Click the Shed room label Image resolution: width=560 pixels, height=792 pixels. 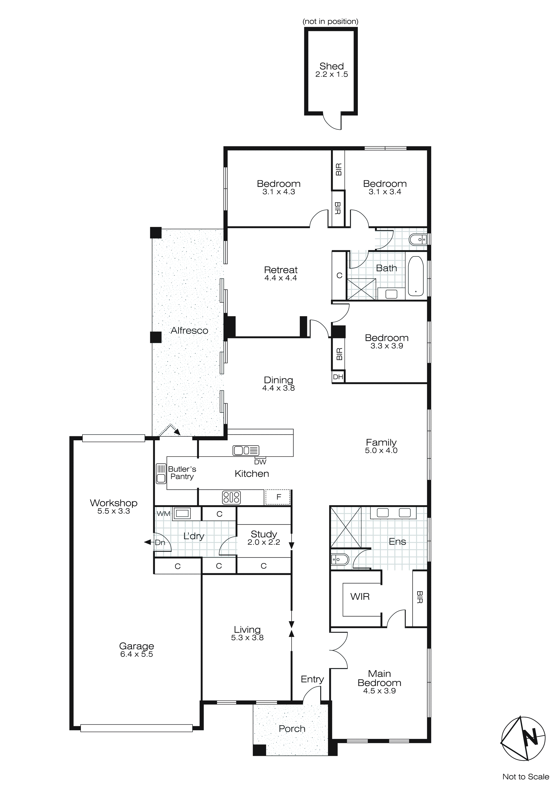point(331,66)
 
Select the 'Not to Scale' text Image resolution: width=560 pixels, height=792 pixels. point(525,776)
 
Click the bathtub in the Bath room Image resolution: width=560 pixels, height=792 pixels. point(416,276)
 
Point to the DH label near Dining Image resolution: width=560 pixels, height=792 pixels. point(338,377)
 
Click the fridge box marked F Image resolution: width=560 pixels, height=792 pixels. point(278,497)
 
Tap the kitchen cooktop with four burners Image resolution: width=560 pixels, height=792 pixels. point(231,497)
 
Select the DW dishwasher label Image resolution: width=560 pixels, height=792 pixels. point(260,462)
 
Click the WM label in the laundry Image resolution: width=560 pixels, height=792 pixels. point(164,514)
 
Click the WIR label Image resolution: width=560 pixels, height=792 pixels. point(360,596)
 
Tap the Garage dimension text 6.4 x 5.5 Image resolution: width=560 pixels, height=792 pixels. point(136,654)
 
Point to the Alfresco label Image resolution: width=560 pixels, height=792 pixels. point(189,330)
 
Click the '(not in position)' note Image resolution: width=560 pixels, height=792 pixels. point(330,21)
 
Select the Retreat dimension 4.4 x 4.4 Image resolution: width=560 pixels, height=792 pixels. point(280,278)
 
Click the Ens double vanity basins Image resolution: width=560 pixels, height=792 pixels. point(394,513)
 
